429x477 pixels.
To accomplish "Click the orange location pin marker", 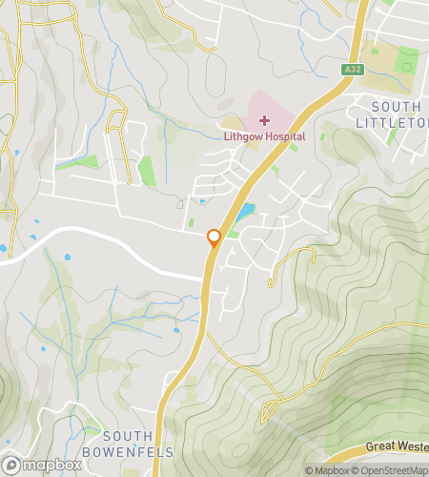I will tap(214, 239).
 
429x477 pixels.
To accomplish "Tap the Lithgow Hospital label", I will tap(265, 136).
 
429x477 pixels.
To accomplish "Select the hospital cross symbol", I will tap(264, 120).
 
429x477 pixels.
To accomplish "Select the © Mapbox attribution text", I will tap(326, 470).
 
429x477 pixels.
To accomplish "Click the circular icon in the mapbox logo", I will tap(11, 467).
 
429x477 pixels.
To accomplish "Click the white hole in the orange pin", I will tap(214, 237).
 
